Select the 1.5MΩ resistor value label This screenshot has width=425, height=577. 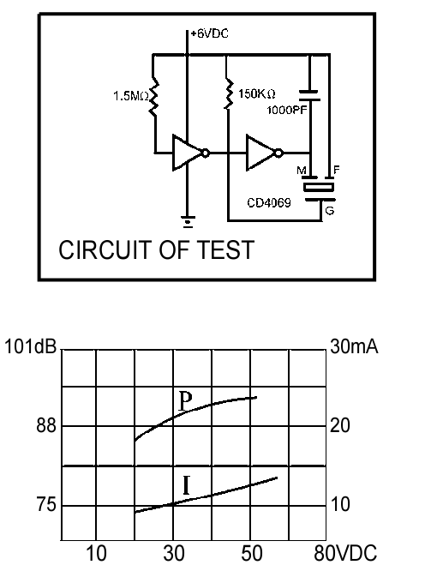[x=131, y=96]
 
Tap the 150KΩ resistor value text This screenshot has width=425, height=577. [x=256, y=93]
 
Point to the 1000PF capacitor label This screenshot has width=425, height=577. [x=286, y=110]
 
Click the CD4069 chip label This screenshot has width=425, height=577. [x=269, y=202]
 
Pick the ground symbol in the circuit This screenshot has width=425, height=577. [x=188, y=221]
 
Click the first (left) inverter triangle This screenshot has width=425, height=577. [x=188, y=153]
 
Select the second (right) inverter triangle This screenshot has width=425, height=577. [x=261, y=153]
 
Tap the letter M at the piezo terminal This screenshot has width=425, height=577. [x=302, y=171]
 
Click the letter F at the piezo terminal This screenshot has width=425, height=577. [x=337, y=170]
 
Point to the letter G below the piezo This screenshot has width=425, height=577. [x=330, y=211]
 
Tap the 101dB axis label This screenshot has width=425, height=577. [x=30, y=346]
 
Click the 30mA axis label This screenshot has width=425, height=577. [x=354, y=346]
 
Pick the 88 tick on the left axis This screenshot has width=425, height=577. [x=46, y=426]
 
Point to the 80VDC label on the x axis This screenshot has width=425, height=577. [x=345, y=553]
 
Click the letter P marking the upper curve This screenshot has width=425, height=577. [x=185, y=400]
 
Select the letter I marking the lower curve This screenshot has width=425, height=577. [x=187, y=485]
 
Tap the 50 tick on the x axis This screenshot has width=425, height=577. [x=251, y=553]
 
